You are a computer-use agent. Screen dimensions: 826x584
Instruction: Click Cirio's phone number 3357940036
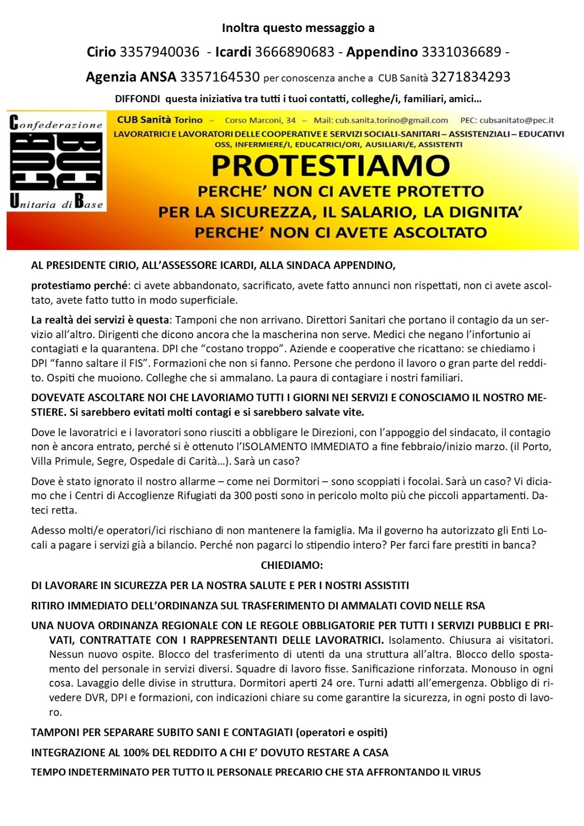[x=159, y=52]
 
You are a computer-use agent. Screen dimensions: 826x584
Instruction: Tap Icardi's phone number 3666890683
[x=294, y=52]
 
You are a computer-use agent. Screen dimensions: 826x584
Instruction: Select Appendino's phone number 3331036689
[x=461, y=52]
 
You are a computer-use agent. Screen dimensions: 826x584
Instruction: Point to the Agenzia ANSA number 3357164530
[x=219, y=77]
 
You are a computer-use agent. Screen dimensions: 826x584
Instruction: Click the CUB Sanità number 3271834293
[x=470, y=77]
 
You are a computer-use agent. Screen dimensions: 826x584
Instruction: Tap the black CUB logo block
[x=56, y=161]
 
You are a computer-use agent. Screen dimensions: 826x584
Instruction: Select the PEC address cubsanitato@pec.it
[x=516, y=120]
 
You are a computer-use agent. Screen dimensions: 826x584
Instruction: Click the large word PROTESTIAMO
[x=330, y=166]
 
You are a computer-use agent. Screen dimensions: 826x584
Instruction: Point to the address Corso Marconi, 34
[x=260, y=120]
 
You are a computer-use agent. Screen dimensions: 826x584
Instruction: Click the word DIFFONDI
[x=137, y=99]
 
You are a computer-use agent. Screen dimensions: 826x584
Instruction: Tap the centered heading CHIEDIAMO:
[x=292, y=565]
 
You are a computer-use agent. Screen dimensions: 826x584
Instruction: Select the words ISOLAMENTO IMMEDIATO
[x=306, y=447]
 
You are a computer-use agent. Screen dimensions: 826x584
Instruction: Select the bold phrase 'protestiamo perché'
[x=79, y=285]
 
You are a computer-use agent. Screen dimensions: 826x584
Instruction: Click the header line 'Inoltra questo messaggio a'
[x=298, y=28]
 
